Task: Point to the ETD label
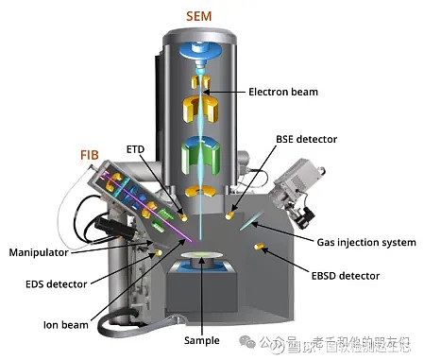tap(135, 148)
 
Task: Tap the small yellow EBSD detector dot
tap(258, 247)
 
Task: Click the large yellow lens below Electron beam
tap(202, 110)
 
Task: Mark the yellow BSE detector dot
tap(230, 216)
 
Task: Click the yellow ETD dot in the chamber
tap(184, 216)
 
